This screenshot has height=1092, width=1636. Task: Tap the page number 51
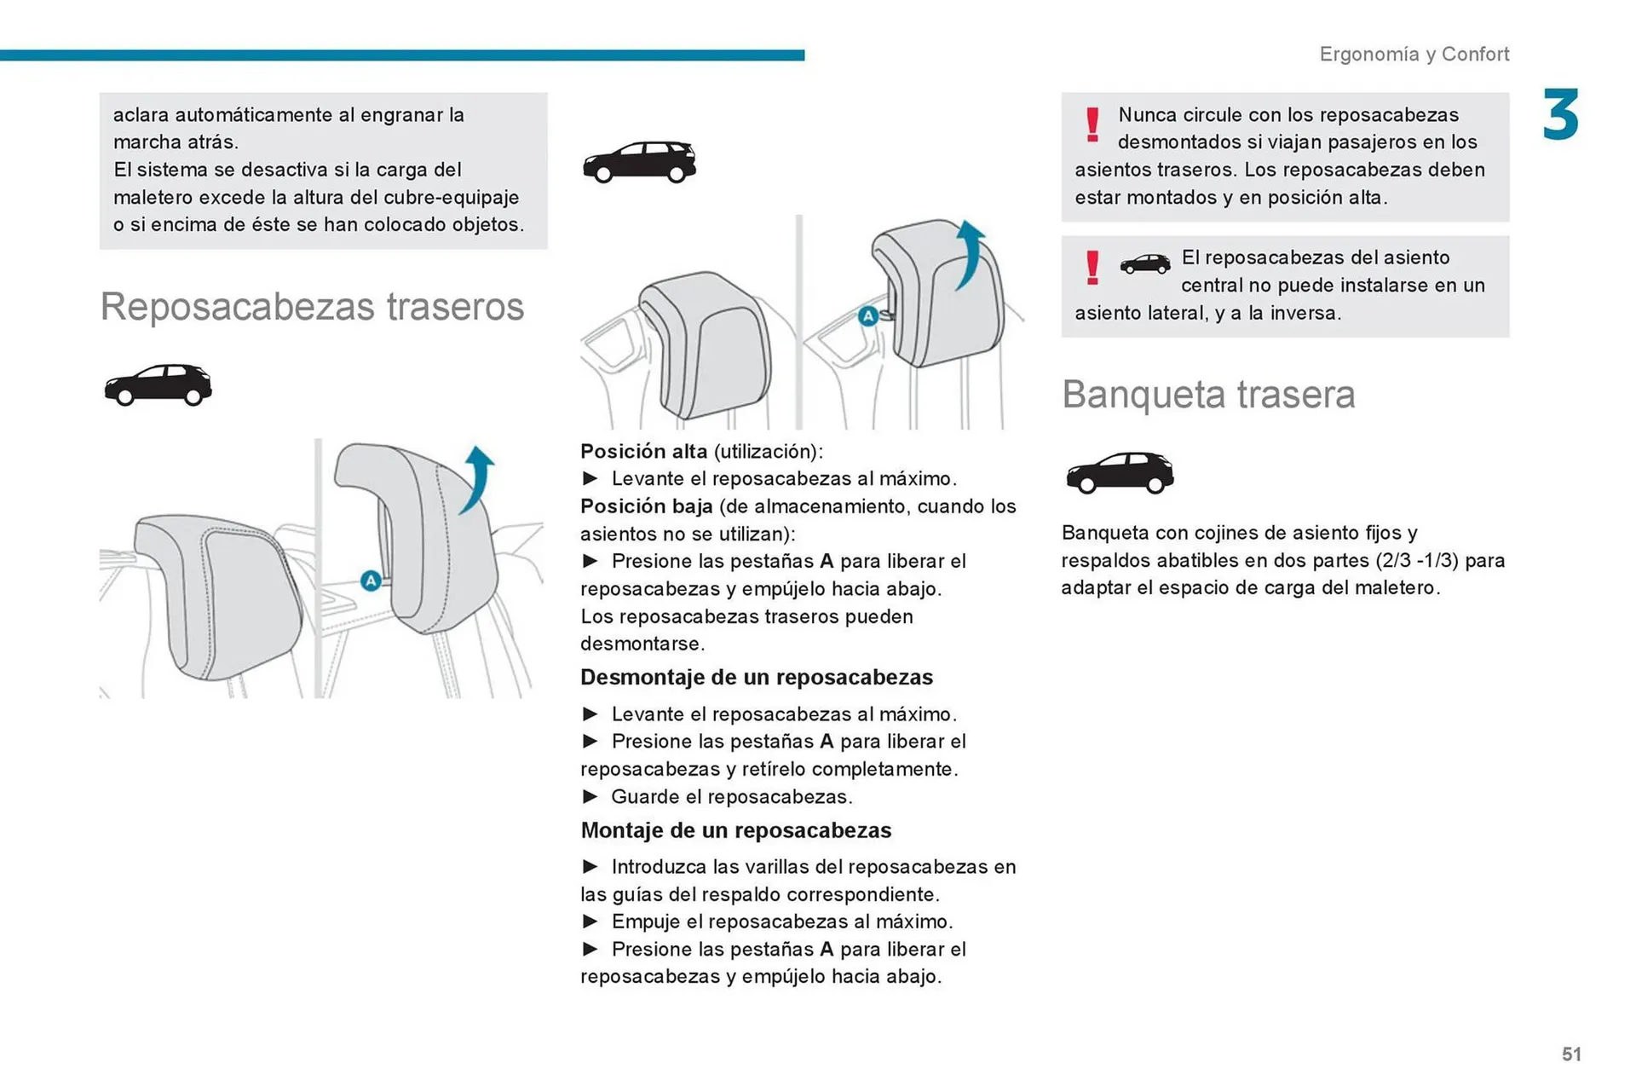pos(1571,1054)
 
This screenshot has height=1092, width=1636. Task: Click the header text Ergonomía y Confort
pos(1414,54)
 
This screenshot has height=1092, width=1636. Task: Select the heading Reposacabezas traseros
pos(312,307)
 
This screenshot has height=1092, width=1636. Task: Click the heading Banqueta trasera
pos(1207,395)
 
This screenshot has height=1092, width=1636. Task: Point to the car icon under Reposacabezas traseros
pos(158,385)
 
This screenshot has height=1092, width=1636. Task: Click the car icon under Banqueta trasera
pos(1120,473)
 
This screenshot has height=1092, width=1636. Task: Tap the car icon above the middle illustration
pos(639,162)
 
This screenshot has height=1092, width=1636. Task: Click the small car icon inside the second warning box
pos(1144,264)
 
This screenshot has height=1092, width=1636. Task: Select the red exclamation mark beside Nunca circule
pos(1092,124)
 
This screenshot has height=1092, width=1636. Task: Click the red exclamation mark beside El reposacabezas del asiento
pos(1092,268)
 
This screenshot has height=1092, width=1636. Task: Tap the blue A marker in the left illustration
pos(371,581)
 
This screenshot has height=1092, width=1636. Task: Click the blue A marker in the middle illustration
pos(867,316)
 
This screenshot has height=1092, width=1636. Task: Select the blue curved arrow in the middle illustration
pos(970,254)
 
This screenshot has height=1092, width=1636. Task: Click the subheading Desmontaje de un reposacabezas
pos(756,678)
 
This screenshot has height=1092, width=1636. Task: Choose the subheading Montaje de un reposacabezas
pos(735,830)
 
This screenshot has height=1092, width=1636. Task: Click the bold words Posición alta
pos(643,452)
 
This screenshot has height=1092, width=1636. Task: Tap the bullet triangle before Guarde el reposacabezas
pos(590,797)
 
